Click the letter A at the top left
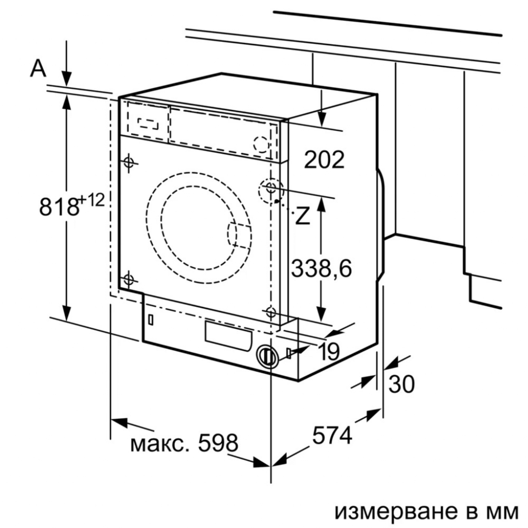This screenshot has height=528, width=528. (x=39, y=68)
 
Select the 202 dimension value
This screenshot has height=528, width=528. (x=323, y=160)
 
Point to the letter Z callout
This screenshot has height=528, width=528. (x=303, y=217)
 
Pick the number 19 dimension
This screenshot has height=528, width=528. (x=327, y=352)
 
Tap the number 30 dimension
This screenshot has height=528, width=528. (x=401, y=384)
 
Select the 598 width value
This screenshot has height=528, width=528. (x=217, y=443)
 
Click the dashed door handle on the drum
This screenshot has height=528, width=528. (x=239, y=235)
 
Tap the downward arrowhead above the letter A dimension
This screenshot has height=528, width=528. (x=67, y=78)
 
